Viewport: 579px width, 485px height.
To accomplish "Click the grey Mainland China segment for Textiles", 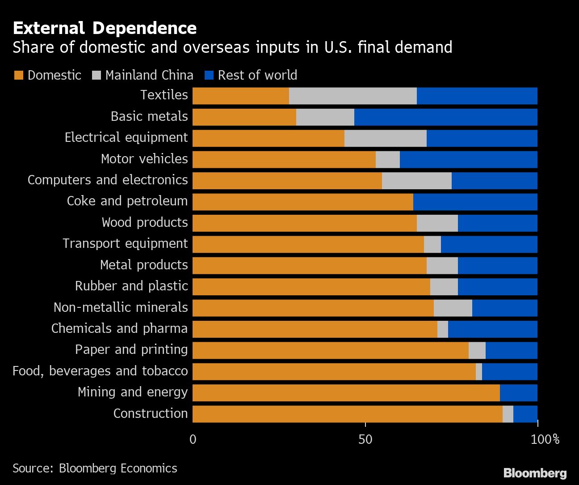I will pos(352,96).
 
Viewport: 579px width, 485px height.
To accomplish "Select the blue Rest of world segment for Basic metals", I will pos(445,117).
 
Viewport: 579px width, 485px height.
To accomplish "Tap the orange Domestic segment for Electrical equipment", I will pos(268,138).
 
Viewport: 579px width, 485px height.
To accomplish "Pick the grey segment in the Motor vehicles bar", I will pos(387,160).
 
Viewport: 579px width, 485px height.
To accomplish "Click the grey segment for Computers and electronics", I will pos(416,181).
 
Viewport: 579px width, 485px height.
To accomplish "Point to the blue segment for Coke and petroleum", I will pos(475,202).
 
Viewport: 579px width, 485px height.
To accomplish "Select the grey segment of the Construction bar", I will pos(508,414).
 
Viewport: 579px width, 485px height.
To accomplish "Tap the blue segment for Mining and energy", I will pos(518,393).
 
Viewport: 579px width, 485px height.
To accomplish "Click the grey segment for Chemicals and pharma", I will pos(442,329).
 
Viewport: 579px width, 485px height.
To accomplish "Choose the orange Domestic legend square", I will pos(18,75).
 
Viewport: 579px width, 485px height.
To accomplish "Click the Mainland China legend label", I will pos(149,75).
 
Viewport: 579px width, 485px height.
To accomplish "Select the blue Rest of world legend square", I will pos(209,75).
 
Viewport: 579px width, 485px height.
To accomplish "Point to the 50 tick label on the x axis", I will pos(365,439).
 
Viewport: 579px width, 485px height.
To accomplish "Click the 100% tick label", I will pos(545,439).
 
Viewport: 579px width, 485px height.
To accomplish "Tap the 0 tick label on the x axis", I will pos(193,439).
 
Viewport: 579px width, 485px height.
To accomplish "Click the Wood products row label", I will pos(145,222).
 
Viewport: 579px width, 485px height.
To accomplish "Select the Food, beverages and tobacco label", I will pos(100,371).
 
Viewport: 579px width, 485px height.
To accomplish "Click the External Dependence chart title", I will pos(105,28).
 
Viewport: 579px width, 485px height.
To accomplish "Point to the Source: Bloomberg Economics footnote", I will pos(95,468).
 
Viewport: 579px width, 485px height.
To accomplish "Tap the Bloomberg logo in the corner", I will pos(535,473).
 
